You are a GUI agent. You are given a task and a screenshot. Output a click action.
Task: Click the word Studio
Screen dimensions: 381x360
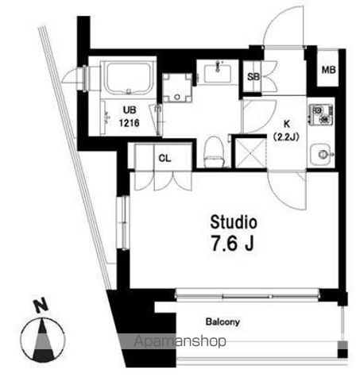(x=234, y=220)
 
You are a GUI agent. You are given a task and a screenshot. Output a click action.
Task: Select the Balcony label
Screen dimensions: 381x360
(x=223, y=323)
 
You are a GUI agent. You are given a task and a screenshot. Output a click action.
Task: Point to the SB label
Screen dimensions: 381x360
(x=254, y=77)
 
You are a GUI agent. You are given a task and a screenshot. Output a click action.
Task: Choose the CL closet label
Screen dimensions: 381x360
(x=164, y=158)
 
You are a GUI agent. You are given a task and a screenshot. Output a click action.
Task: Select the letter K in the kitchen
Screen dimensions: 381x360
(x=285, y=124)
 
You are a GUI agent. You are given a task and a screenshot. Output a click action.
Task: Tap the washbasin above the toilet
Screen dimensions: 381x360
(x=215, y=74)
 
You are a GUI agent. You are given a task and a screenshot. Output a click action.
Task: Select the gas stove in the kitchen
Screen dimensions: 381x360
(x=322, y=117)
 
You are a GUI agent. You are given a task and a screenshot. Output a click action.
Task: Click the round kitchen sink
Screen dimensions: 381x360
(x=321, y=153)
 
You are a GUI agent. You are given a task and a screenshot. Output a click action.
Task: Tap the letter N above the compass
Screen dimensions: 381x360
(x=40, y=304)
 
